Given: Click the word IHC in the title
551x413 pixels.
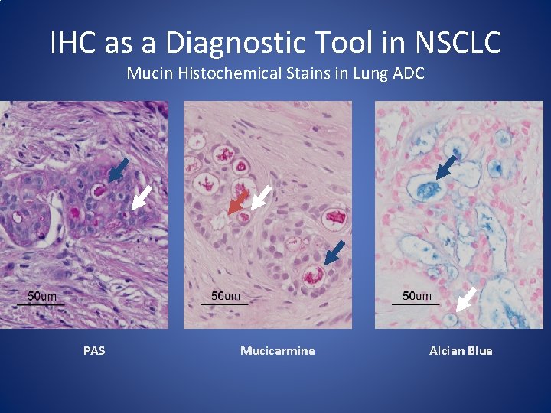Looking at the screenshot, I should pos(75,43).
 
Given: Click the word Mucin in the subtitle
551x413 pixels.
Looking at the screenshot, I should pos(145,73).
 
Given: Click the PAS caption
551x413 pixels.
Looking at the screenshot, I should pos(94,351).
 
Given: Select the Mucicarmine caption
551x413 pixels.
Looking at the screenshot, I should pos(277,351).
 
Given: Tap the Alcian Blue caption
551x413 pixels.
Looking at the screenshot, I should pos(461,351).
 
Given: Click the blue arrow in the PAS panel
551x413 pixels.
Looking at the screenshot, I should pos(118,170).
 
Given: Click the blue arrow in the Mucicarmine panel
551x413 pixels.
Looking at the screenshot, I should pos(334,253).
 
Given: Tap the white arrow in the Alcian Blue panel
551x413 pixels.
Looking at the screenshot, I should pos(466,298).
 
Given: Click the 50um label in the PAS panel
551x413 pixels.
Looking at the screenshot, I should pos(42,296).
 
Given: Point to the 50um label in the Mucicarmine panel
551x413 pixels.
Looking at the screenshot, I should pos(225,296).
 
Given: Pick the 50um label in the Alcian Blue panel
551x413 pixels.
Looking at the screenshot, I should pos(417,296).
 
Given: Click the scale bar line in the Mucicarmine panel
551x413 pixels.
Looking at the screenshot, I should pos(224,304).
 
